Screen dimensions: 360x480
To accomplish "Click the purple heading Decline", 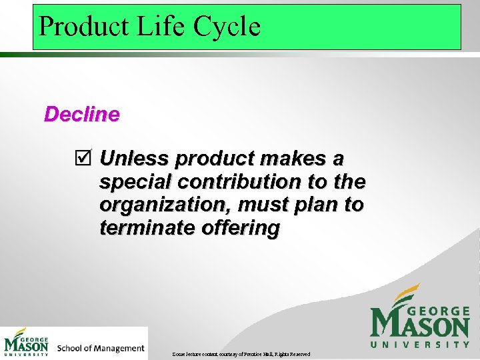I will tap(81, 115).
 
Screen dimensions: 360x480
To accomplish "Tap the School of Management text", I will tap(101, 348).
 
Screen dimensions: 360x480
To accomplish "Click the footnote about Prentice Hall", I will tap(241, 354).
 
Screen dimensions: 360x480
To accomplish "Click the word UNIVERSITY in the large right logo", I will tap(420, 345).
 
